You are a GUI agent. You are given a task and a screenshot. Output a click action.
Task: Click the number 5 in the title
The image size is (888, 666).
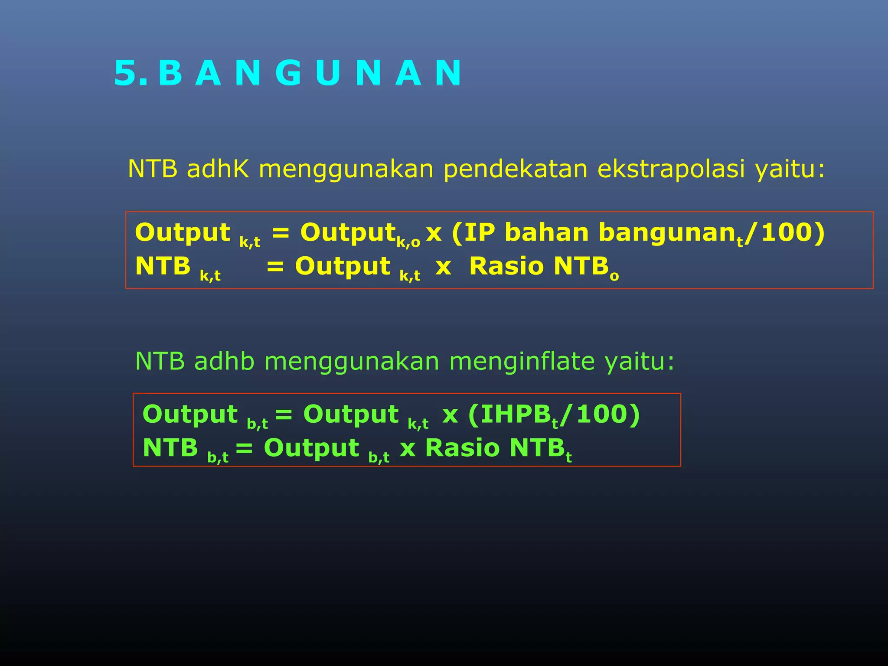point(126,73)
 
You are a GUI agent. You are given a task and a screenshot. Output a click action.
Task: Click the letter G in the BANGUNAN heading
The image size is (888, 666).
point(288,73)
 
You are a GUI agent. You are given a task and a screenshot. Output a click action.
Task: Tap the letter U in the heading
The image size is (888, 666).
point(328,73)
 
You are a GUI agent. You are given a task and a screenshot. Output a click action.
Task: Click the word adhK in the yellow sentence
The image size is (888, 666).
point(218,169)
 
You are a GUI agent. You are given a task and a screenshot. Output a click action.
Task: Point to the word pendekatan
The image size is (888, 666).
point(515,169)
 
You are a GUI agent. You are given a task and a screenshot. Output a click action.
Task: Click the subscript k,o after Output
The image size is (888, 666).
point(408,242)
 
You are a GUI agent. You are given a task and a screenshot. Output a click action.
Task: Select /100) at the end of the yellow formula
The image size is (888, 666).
point(785,232)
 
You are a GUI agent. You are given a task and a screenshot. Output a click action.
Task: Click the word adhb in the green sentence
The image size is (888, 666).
point(224,361)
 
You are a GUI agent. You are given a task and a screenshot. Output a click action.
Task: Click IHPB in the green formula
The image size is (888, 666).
point(516,414)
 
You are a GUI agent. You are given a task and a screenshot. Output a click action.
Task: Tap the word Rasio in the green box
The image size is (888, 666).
point(462,447)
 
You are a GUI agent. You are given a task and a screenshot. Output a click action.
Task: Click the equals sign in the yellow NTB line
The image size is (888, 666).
point(275,266)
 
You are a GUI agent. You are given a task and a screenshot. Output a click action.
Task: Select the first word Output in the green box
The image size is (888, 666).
point(190,414)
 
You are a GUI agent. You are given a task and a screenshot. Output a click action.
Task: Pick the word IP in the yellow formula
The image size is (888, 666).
point(480,232)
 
